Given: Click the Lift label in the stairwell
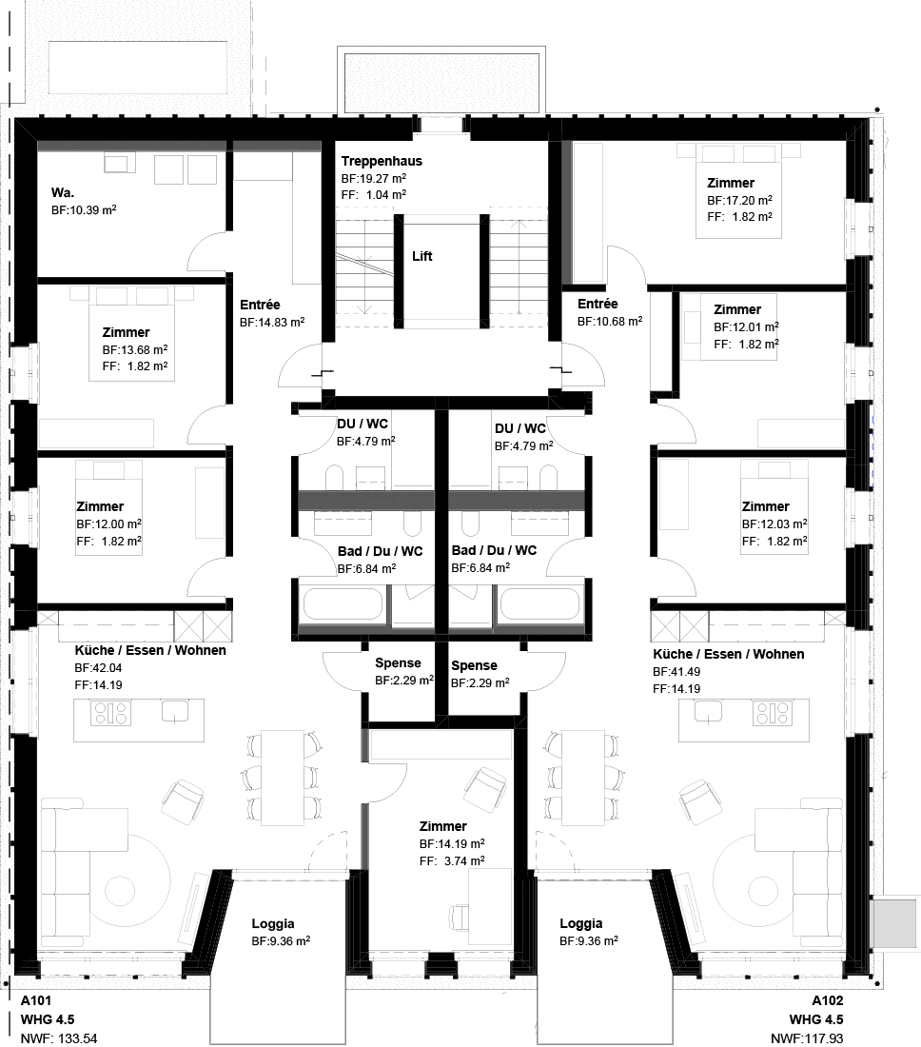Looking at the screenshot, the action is point(421,256).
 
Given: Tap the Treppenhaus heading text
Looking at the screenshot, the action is point(382,161).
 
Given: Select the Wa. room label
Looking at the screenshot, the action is point(63,192).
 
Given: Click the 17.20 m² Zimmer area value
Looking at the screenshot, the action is point(739,200).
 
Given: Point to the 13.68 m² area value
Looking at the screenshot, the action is point(135,349).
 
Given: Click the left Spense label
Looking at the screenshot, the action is point(398,663).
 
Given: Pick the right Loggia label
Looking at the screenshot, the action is point(580,923).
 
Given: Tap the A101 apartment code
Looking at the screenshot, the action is point(36,1000).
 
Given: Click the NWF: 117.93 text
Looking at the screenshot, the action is point(807,1039).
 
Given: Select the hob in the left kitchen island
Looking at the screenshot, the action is point(110,713).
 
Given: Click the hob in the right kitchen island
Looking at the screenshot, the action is point(773,713).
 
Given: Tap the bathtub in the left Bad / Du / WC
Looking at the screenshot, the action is point(343,605).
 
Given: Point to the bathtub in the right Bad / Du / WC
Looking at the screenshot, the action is point(539,605).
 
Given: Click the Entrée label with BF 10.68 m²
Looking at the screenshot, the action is point(598,304).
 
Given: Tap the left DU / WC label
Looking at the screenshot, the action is point(363,424).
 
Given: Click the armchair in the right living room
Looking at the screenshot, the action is point(701,800).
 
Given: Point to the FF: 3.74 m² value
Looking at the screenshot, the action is point(452,860).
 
